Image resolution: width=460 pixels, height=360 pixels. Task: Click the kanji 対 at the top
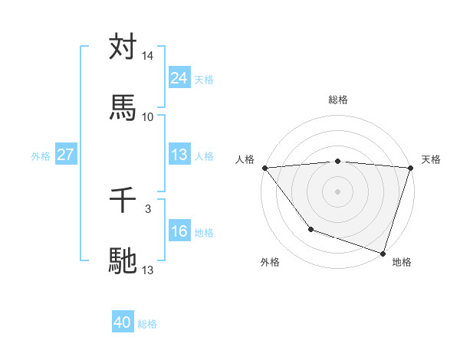pos(123,47)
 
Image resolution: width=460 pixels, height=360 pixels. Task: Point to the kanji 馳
pos(123,260)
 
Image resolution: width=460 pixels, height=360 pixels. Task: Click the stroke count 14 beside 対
pos(148,56)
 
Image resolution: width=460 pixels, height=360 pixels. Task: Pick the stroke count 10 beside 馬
pos(148,116)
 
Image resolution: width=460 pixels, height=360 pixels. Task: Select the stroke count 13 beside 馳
pos(148,270)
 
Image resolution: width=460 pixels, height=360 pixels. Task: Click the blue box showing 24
pos(179,78)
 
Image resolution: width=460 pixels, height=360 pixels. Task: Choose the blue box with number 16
pos(179,232)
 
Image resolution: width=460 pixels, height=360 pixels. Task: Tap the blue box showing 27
pos(65,155)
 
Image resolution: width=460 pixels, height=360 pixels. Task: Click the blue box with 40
pos(123,322)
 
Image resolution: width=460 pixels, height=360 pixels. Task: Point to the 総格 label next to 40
pos(148,324)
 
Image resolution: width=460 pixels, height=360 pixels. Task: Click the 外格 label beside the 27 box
pos(41,156)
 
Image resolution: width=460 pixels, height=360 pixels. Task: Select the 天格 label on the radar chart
pos(431,159)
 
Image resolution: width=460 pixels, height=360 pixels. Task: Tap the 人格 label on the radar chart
pos(245,159)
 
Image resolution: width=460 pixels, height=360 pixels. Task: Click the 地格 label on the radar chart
pos(402,262)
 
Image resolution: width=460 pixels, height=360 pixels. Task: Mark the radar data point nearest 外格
pos(310,229)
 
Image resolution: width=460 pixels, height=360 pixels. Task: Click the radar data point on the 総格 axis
pos(338,161)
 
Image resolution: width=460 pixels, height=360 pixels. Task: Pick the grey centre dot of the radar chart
pos(338,191)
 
